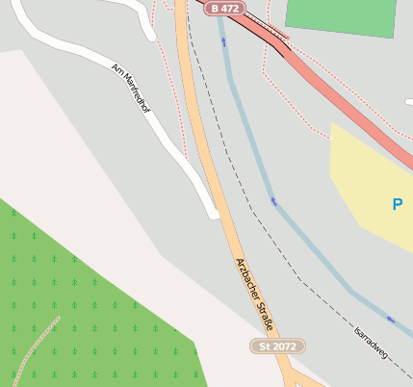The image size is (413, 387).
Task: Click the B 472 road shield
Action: pyautogui.click(x=223, y=8)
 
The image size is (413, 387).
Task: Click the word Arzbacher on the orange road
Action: pyautogui.click(x=246, y=277)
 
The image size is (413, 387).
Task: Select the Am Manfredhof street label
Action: pyautogui.click(x=132, y=89)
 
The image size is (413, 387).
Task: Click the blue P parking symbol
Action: pyautogui.click(x=398, y=204)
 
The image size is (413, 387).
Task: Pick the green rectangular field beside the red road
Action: pyautogui.click(x=341, y=16)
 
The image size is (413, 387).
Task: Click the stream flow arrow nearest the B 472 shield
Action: pyautogui.click(x=223, y=43)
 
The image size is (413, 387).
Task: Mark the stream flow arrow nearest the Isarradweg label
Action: pyautogui.click(x=390, y=320)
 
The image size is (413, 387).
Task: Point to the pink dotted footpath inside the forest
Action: pyautogui.click(x=39, y=342)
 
